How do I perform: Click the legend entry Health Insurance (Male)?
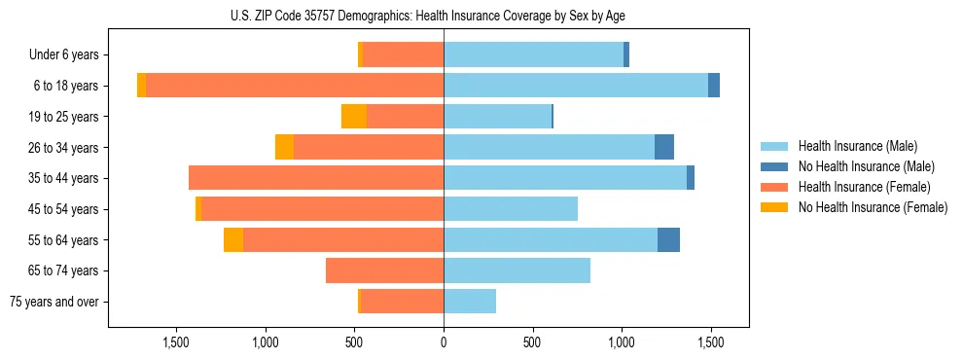[857, 146]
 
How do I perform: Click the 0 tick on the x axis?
[444, 343]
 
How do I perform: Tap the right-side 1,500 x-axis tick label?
[710, 343]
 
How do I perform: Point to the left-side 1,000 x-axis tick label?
[266, 343]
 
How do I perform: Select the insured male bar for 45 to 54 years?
[511, 209]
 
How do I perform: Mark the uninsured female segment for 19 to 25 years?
[354, 117]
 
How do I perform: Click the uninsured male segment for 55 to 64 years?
[668, 240]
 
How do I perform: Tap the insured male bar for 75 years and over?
[470, 302]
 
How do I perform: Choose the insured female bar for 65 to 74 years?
[384, 270]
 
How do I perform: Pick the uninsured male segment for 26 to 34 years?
[664, 148]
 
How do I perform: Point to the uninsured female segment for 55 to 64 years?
[233, 240]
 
